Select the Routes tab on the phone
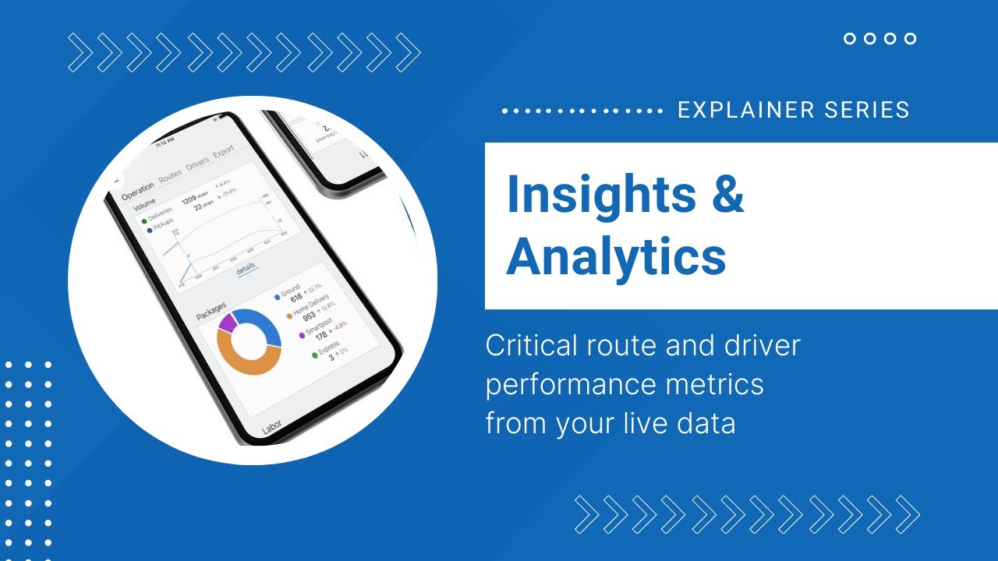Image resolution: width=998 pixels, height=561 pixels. point(170,176)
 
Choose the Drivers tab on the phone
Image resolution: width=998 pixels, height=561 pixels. point(197,165)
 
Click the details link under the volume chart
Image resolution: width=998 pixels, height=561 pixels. point(246,267)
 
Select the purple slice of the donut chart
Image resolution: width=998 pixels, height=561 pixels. point(227,321)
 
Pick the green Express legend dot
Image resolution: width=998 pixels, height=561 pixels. point(314,355)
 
